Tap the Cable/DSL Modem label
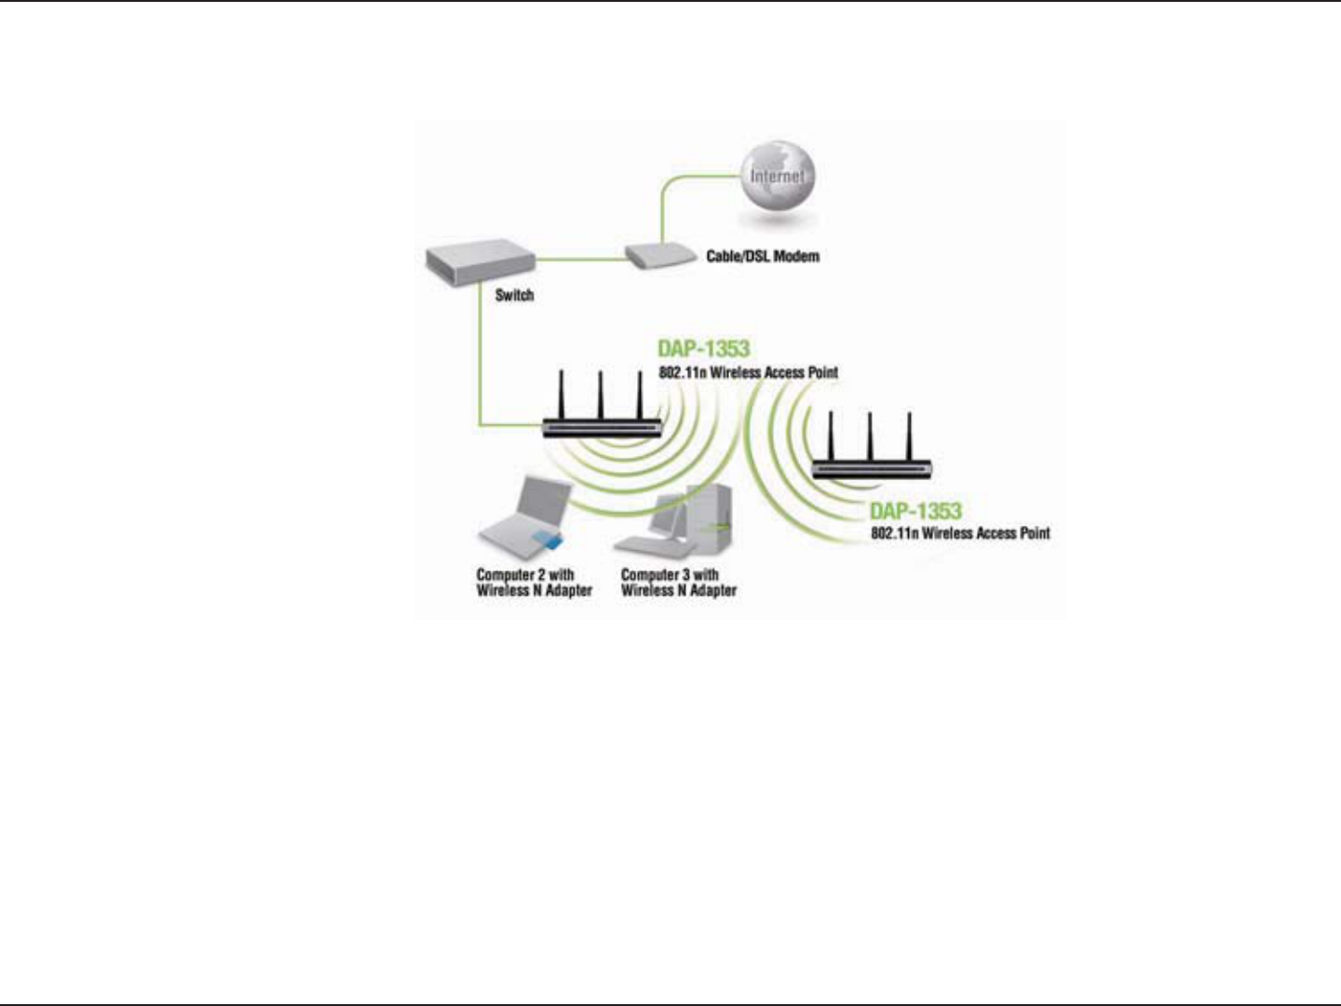[763, 256]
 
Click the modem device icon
[658, 256]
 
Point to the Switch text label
[514, 295]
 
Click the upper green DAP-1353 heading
[703, 348]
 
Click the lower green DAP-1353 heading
[914, 511]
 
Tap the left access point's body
[603, 428]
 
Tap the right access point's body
[871, 469]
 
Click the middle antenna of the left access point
[601, 396]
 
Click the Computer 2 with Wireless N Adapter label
[534, 583]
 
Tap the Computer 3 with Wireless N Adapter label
[679, 583]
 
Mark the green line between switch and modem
[579, 259]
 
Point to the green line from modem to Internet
[663, 209]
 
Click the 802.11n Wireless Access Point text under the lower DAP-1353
[960, 533]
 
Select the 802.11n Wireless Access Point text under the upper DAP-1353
[748, 372]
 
